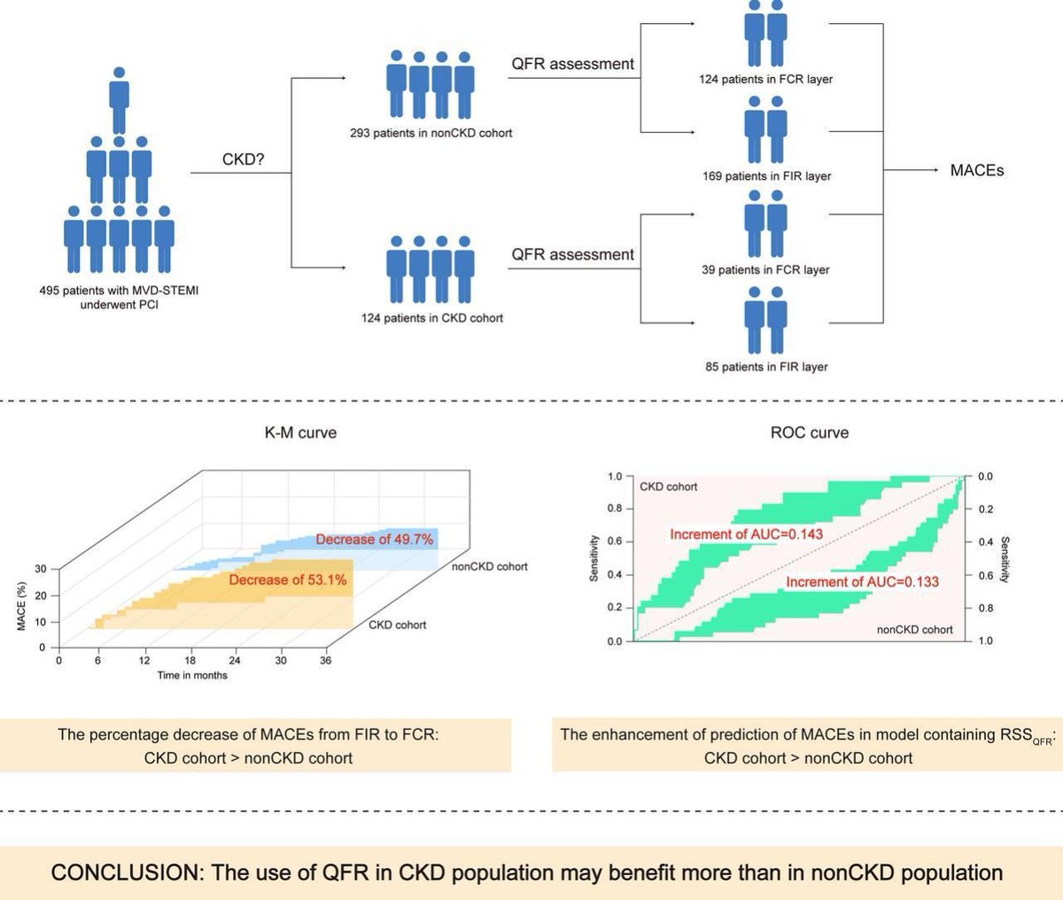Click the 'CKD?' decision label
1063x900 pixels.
(x=242, y=161)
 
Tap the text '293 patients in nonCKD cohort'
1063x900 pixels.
(x=431, y=133)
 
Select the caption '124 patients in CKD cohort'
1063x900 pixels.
(x=431, y=317)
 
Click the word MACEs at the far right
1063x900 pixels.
(x=976, y=170)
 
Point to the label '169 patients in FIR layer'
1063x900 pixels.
(x=766, y=175)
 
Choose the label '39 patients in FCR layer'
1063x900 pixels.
(x=765, y=269)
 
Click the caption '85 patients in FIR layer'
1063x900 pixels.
(x=766, y=366)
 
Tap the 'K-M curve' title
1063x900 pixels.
(x=300, y=432)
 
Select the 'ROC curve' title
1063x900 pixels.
(x=809, y=432)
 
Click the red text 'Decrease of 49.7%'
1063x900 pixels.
(x=374, y=539)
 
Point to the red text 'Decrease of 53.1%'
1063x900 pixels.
(x=287, y=579)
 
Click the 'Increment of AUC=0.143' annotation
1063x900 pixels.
(x=746, y=534)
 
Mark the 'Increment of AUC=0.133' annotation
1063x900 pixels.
(x=862, y=582)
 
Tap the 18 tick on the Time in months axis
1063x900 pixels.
(x=190, y=661)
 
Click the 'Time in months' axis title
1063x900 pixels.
(x=192, y=675)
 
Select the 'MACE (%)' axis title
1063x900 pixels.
(x=21, y=607)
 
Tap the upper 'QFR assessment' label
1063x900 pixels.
(x=572, y=64)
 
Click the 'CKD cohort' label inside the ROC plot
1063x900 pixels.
(x=668, y=486)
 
